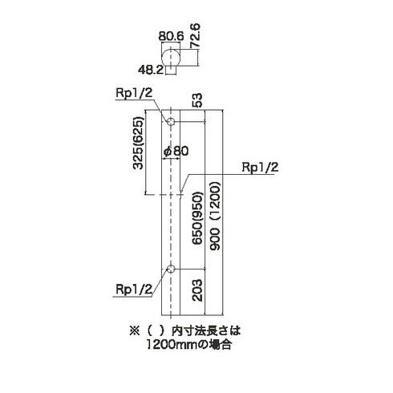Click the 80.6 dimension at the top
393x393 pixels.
pos(171,36)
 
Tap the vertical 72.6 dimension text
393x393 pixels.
pos(195,35)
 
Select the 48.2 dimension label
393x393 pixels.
pos(151,70)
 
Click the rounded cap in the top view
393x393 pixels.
pos(171,57)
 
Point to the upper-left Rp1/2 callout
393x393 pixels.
pos(134,93)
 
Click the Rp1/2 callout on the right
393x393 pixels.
pos(260,168)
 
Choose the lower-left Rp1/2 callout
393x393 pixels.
pos(134,289)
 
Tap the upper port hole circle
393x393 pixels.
pos(171,122)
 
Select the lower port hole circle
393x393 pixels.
pos(171,269)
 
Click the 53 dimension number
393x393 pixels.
pos(197,100)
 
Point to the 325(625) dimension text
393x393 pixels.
pos(138,143)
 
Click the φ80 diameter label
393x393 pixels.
pos(176,152)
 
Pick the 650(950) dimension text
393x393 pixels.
pos(198,218)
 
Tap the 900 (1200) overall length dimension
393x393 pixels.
pos(215,216)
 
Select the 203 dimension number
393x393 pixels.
pos(197,290)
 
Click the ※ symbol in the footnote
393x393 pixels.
pos(135,331)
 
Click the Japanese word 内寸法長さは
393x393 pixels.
pos(206,331)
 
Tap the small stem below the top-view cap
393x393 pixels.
pos(171,70)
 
